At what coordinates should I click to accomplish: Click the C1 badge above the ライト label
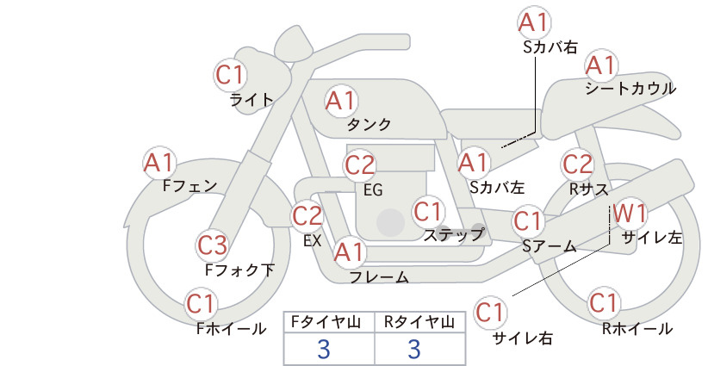[230, 75]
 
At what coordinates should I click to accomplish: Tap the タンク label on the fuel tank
[369, 124]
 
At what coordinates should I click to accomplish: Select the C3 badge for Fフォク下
[213, 245]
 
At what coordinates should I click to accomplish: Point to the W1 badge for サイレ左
[630, 213]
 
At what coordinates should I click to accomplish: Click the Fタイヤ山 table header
[326, 322]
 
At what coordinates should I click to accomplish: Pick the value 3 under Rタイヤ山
[414, 349]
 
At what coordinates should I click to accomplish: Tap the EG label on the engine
[373, 190]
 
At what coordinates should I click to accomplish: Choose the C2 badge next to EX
[307, 215]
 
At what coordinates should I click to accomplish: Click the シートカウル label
[630, 88]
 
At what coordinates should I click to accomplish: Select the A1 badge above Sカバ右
[535, 22]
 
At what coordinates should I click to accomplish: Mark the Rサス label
[588, 189]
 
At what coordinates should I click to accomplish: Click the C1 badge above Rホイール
[604, 303]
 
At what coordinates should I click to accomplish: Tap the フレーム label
[379, 276]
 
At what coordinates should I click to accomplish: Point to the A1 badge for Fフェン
[159, 163]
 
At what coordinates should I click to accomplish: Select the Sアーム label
[550, 246]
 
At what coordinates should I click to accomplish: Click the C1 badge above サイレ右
[490, 312]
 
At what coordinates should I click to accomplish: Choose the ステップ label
[453, 235]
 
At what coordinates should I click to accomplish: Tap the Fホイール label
[231, 329]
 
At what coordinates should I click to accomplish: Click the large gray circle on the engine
[390, 222]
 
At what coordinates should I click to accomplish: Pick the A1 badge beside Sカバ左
[474, 163]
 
